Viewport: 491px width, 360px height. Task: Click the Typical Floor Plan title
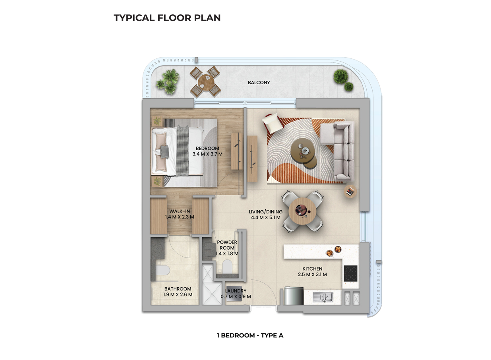167,18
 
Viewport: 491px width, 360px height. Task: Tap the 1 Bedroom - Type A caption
249,335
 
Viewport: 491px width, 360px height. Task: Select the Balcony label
259,83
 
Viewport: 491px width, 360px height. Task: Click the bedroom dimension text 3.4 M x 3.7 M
207,154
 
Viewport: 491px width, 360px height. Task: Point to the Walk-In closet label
180,211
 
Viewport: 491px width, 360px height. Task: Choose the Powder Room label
227,242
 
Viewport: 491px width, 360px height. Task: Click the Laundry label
236,291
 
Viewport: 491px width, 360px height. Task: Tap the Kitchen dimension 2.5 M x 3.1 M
312,274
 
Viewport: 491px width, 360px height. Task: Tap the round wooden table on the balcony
205,82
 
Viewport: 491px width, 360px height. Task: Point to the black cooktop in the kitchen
350,273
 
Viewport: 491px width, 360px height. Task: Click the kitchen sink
323,296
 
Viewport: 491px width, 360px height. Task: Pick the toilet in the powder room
228,267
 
